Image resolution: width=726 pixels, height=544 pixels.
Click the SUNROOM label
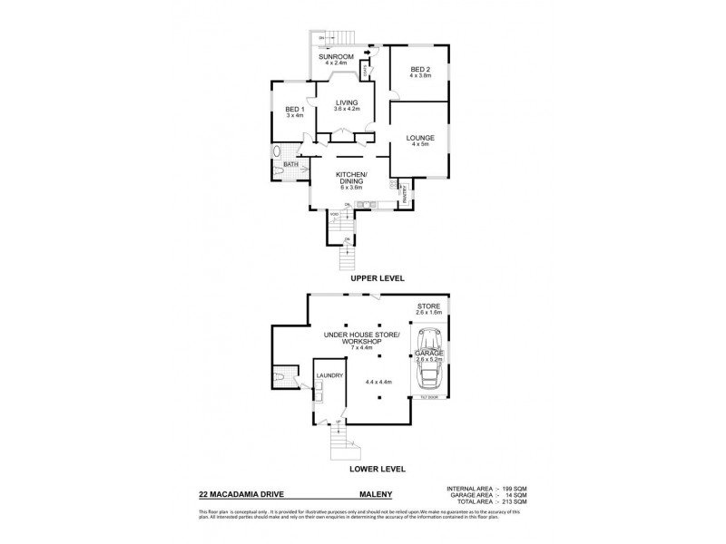335,57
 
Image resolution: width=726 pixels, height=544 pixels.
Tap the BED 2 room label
418,69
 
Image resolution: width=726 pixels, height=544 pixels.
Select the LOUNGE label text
418,138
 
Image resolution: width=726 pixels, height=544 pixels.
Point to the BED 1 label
292,110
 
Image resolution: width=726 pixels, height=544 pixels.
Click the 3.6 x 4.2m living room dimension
347,110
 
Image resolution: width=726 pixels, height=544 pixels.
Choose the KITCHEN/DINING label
350,177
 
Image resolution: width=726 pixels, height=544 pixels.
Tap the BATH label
289,164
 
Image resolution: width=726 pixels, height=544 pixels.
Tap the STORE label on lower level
427,306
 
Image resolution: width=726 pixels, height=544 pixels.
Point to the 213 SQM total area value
514,501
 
